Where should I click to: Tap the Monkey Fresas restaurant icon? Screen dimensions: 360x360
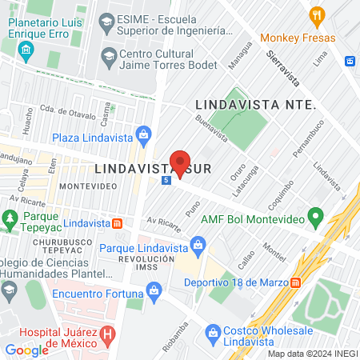tap(318, 15)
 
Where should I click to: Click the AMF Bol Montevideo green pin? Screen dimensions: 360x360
tap(315, 217)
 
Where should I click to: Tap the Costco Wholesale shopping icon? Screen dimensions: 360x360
tap(213, 331)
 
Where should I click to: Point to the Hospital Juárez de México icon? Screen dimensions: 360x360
tap(107, 334)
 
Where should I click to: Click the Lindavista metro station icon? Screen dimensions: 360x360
tap(117, 223)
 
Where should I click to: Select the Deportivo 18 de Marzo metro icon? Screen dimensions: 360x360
tap(296, 282)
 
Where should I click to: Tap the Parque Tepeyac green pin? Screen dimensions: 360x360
tap(10, 218)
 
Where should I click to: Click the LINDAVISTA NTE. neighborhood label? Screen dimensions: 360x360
tap(256, 105)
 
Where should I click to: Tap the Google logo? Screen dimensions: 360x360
tap(26, 350)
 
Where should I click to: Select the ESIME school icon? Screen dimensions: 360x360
tap(106, 18)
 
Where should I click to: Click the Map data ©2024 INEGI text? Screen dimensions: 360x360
tap(312, 354)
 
